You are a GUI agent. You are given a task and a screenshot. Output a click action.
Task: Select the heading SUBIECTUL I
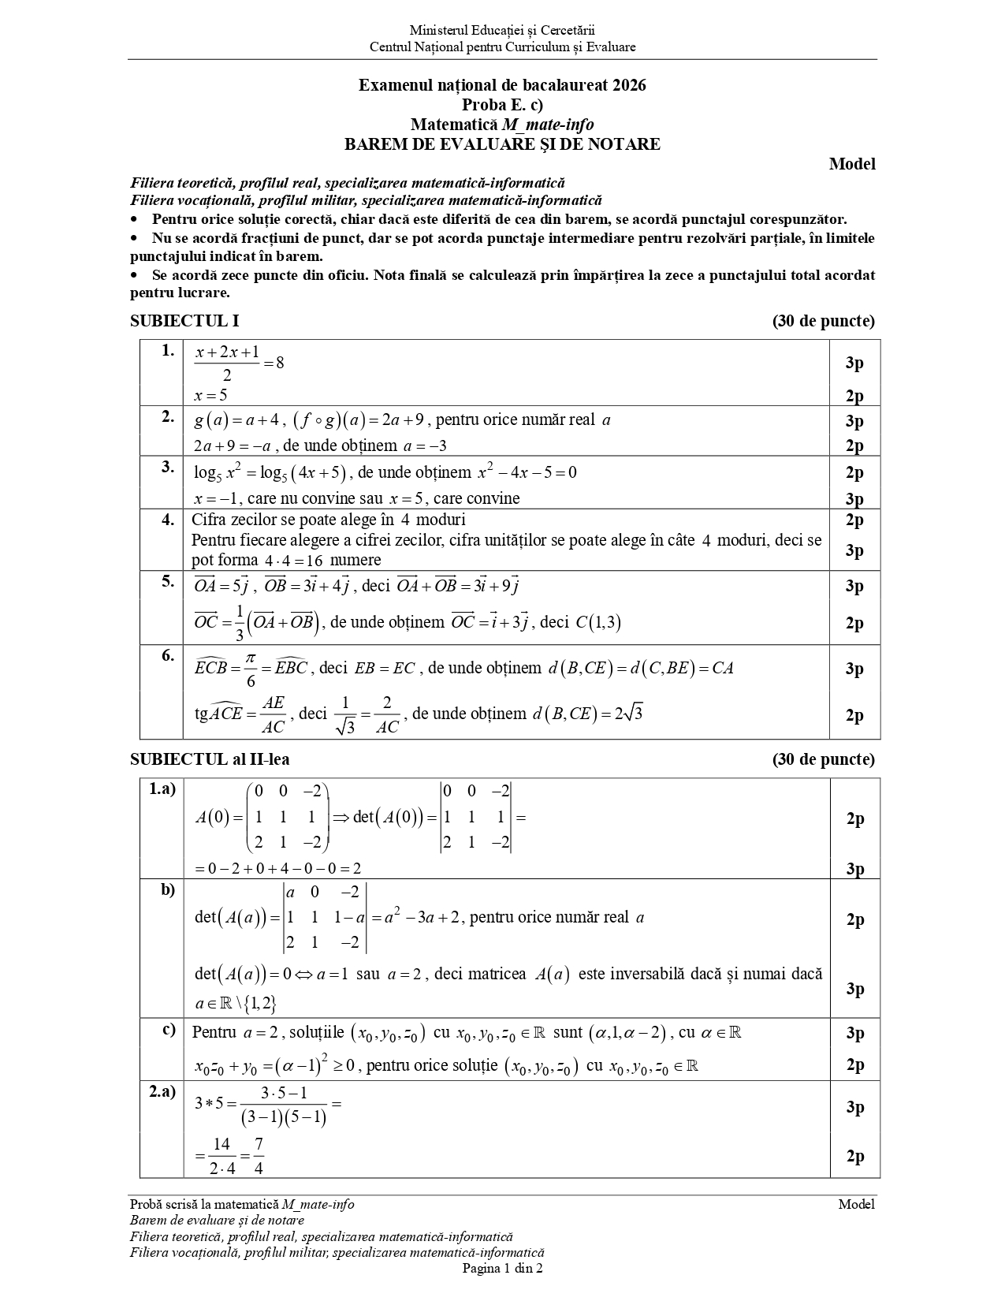click(x=184, y=321)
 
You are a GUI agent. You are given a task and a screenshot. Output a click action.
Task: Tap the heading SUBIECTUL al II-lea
click(x=210, y=759)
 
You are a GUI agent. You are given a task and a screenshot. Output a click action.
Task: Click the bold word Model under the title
click(x=852, y=164)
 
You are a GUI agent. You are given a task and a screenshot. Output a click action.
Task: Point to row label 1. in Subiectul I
click(x=168, y=351)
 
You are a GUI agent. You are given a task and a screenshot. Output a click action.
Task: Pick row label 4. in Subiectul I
click(x=168, y=520)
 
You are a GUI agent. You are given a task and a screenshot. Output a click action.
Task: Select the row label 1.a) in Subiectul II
click(x=162, y=788)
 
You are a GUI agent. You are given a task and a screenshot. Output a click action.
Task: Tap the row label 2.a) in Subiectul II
click(x=162, y=1091)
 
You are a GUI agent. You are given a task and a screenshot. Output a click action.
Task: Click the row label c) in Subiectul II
click(x=169, y=1029)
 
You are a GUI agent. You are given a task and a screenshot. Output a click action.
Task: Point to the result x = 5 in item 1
click(x=210, y=396)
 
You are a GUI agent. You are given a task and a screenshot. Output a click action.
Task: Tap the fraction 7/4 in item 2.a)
click(x=259, y=1156)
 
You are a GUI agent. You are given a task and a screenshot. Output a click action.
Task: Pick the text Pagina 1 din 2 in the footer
click(x=502, y=1269)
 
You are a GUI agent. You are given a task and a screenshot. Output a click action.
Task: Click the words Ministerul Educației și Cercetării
click(x=502, y=31)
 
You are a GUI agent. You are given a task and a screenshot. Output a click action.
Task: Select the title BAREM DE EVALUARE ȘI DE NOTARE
click(x=502, y=144)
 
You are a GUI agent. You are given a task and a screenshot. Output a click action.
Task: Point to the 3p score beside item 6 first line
click(x=854, y=669)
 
